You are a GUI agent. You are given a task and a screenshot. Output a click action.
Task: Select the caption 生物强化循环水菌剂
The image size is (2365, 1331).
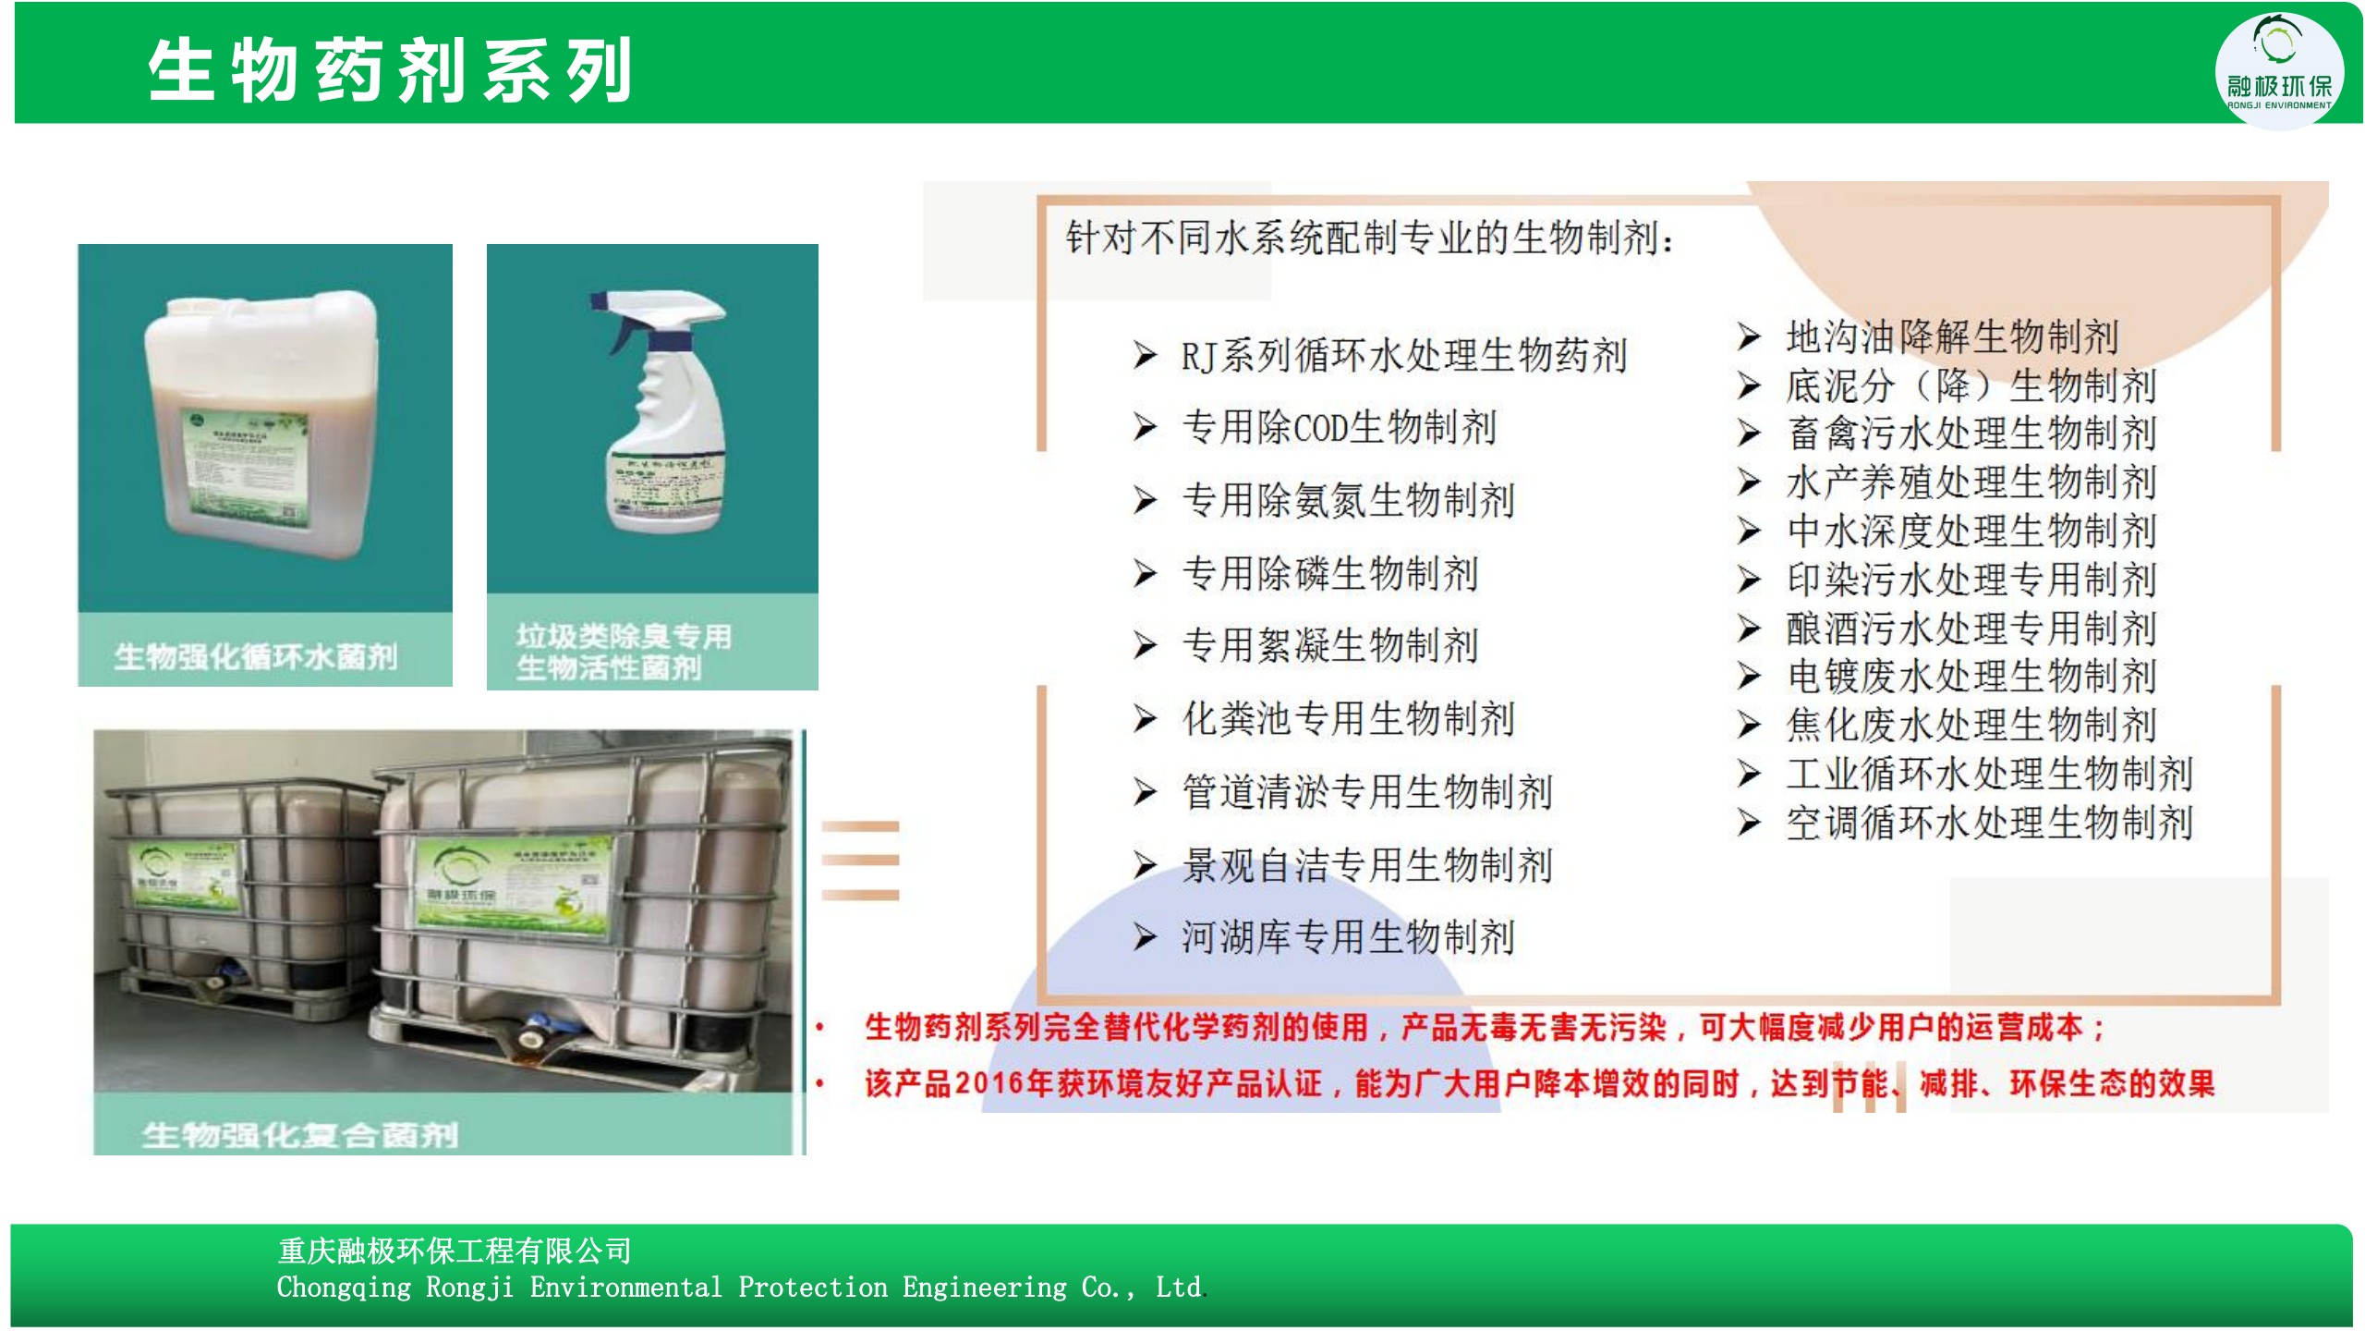coord(256,656)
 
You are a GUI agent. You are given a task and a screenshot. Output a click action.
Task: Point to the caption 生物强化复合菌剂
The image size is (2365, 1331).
coord(300,1134)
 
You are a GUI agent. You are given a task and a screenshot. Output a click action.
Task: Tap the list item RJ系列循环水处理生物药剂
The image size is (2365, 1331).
coord(1403,356)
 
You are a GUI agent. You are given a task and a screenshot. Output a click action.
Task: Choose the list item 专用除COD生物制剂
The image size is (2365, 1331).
coord(1339,428)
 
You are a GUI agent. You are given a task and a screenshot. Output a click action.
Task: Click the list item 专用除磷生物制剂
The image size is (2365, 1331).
coord(1330,574)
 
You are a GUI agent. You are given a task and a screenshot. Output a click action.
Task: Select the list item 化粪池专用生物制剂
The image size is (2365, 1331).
coord(1349,719)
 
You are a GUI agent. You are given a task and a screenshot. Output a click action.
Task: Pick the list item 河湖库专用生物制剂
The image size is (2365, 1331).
coord(1349,937)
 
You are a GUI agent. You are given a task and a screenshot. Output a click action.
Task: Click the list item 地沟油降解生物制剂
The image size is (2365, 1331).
coord(1951,336)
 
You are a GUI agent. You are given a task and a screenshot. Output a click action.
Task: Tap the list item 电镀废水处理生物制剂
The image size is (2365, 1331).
coord(1971,677)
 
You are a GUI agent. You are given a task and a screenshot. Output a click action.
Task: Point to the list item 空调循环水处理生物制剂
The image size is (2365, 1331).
coord(1989,823)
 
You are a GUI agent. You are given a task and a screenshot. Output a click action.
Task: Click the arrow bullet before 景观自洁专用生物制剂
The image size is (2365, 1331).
coord(1145,865)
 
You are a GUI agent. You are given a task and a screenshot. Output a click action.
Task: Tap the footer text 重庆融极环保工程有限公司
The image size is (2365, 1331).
coord(455,1251)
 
